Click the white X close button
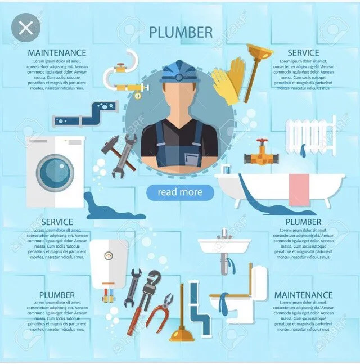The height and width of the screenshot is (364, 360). [x=25, y=28]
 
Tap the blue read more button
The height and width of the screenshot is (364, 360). [x=180, y=192]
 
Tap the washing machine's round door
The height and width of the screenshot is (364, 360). [x=55, y=171]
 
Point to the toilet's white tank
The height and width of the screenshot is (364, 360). [x=259, y=282]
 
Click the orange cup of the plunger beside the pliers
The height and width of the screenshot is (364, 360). [x=181, y=335]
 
